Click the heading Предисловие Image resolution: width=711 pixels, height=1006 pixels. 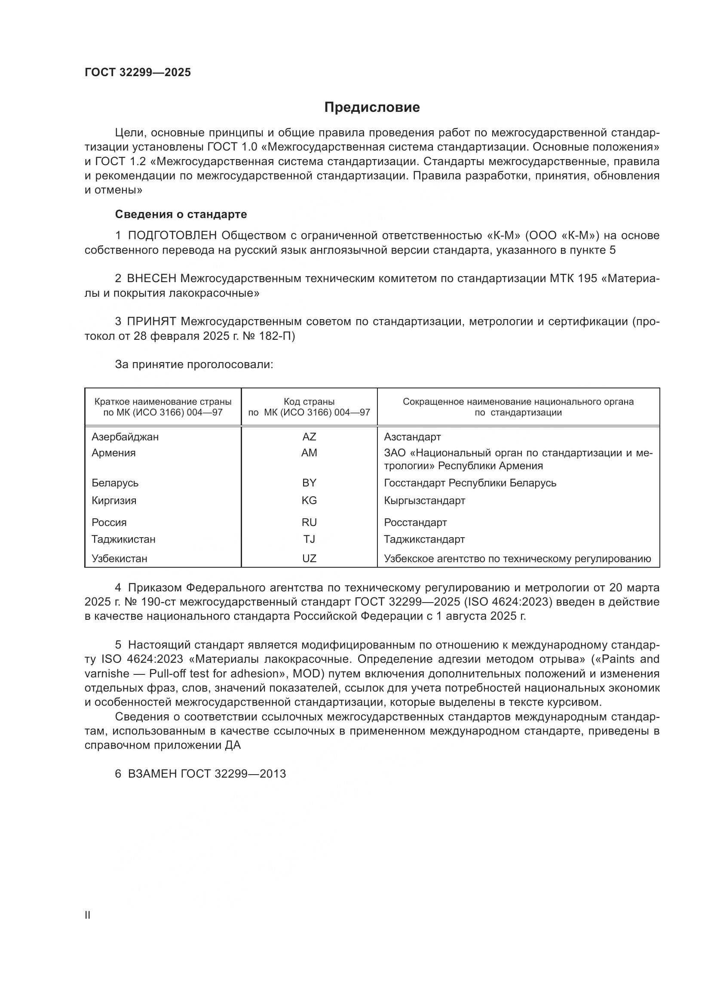pyautogui.click(x=372, y=108)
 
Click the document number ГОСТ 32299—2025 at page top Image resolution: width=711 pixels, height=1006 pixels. pyautogui.click(x=138, y=73)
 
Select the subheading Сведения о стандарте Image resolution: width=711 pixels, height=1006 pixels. pyautogui.click(x=181, y=214)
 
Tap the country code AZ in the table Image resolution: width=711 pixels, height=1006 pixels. pyautogui.click(x=309, y=437)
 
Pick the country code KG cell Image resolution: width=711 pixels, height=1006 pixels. pyautogui.click(x=309, y=500)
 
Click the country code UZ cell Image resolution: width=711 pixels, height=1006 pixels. pyautogui.click(x=309, y=559)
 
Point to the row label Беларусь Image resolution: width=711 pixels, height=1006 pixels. pyautogui.click(x=115, y=483)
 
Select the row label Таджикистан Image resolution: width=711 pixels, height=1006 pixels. pyautogui.click(x=123, y=539)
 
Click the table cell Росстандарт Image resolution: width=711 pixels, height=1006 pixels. pyautogui.click(x=416, y=522)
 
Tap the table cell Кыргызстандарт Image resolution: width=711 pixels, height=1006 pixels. pyautogui.click(x=425, y=500)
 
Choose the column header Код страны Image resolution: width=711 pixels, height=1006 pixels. pyautogui.click(x=309, y=402)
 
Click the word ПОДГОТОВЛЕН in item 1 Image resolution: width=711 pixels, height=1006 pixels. pyautogui.click(x=172, y=236)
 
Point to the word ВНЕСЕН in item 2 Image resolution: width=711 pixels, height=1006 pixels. pyautogui.click(x=152, y=279)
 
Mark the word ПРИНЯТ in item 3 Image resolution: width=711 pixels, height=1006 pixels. pyautogui.click(x=152, y=322)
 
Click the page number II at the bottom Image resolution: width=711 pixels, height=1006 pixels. pyautogui.click(x=88, y=915)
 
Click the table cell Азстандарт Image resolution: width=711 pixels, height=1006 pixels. pyautogui.click(x=412, y=437)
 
